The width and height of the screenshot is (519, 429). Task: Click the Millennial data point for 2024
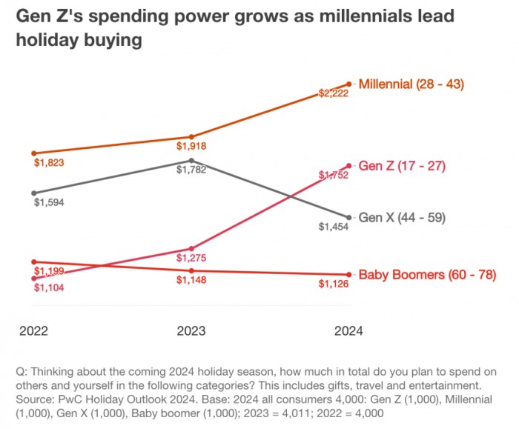click(x=348, y=84)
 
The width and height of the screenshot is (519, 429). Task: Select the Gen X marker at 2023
click(x=191, y=160)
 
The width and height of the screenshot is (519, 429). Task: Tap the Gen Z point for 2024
click(x=348, y=165)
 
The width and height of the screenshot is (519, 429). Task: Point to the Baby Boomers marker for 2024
click(x=348, y=275)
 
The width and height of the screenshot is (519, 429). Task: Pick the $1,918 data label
click(x=191, y=146)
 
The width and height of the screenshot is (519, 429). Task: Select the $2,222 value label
click(x=333, y=94)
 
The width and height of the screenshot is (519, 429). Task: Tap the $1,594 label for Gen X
click(x=49, y=202)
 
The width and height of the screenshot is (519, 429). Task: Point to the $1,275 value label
click(x=191, y=258)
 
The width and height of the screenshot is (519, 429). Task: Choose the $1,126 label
click(x=333, y=284)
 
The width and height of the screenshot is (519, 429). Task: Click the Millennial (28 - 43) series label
click(x=411, y=84)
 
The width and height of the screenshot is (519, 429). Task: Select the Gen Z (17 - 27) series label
click(x=401, y=166)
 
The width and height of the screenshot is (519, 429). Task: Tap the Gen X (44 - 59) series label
click(x=401, y=219)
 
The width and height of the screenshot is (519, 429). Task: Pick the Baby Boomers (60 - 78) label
click(x=427, y=275)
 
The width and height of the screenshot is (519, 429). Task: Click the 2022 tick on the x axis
click(x=34, y=331)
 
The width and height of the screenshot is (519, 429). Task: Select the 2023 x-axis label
click(x=191, y=331)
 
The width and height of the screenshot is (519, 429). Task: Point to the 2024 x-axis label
click(x=348, y=331)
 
